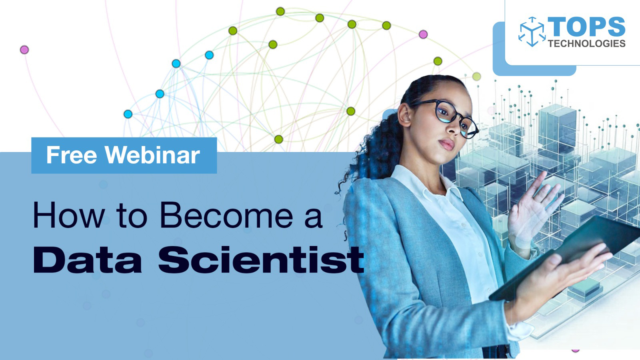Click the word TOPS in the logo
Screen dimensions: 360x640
pos(586,27)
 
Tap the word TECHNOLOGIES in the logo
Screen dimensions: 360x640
pos(586,44)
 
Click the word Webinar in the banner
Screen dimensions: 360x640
pos(152,155)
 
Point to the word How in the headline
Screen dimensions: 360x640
pos(68,216)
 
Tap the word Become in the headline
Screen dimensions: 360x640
pos(226,216)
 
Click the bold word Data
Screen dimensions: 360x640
pos(88,260)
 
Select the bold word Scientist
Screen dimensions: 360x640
pos(261,260)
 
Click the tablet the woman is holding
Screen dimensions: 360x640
pos(568,256)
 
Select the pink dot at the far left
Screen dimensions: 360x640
pos(24,50)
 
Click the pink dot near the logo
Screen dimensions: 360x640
pos(423,34)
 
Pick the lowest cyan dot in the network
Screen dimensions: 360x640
pos(128,114)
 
